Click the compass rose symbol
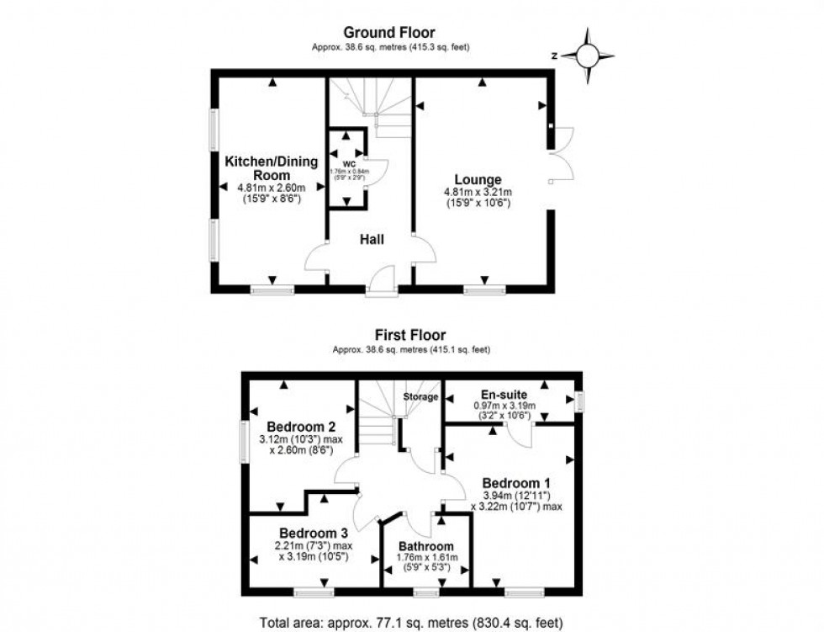tap(587, 56)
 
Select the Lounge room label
tap(478, 179)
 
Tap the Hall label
tap(372, 240)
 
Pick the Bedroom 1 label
tap(516, 483)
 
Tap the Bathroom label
tap(426, 545)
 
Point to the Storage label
tap(420, 396)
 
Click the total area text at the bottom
tap(412, 623)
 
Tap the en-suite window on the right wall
tap(579, 401)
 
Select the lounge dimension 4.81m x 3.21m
tap(478, 193)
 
